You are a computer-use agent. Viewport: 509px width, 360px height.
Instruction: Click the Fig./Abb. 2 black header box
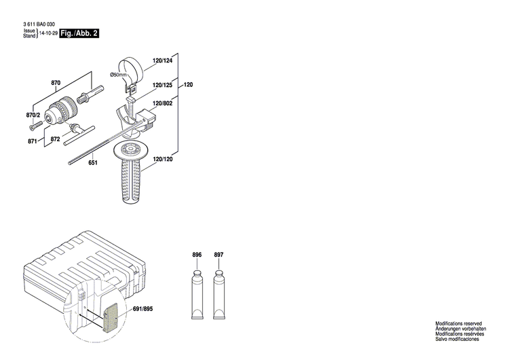[x=79, y=33]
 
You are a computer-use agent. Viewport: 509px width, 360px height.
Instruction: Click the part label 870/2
[x=33, y=115]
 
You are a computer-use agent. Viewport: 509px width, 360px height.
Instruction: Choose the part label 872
[x=55, y=139]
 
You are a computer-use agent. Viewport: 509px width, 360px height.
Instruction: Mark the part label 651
[x=93, y=162]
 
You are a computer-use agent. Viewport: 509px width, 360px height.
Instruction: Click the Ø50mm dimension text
[x=119, y=75]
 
